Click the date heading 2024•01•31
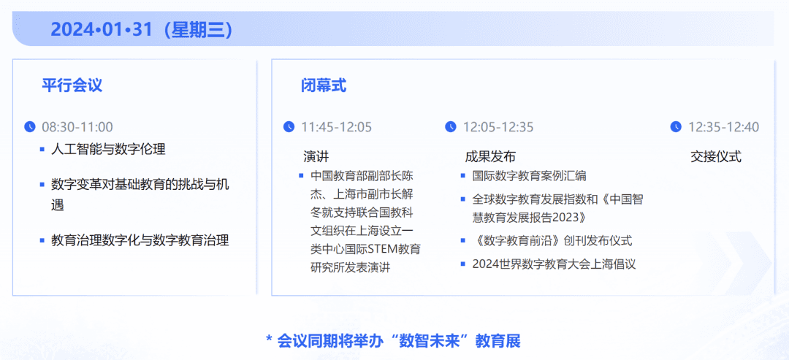[x=101, y=30]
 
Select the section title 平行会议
[x=72, y=85]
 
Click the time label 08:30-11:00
[x=77, y=127]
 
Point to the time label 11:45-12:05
[x=337, y=127]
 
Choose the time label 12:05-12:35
[x=498, y=127]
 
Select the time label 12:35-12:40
[x=723, y=127]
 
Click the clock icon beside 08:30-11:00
[x=30, y=127]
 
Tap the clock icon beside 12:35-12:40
[x=676, y=127]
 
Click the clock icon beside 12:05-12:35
[x=450, y=127]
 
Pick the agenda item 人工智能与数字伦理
[x=108, y=149]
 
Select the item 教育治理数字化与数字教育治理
[x=140, y=240]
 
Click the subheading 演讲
[x=316, y=157]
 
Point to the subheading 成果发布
[x=490, y=157]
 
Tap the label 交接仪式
[x=715, y=157]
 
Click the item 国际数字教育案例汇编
[x=530, y=176]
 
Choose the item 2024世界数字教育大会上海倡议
[x=554, y=264]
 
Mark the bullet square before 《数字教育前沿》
[x=463, y=241]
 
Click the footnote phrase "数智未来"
[x=430, y=341]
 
